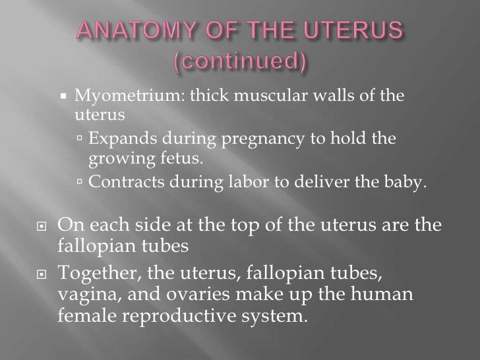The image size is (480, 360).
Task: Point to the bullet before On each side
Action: (x=41, y=225)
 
